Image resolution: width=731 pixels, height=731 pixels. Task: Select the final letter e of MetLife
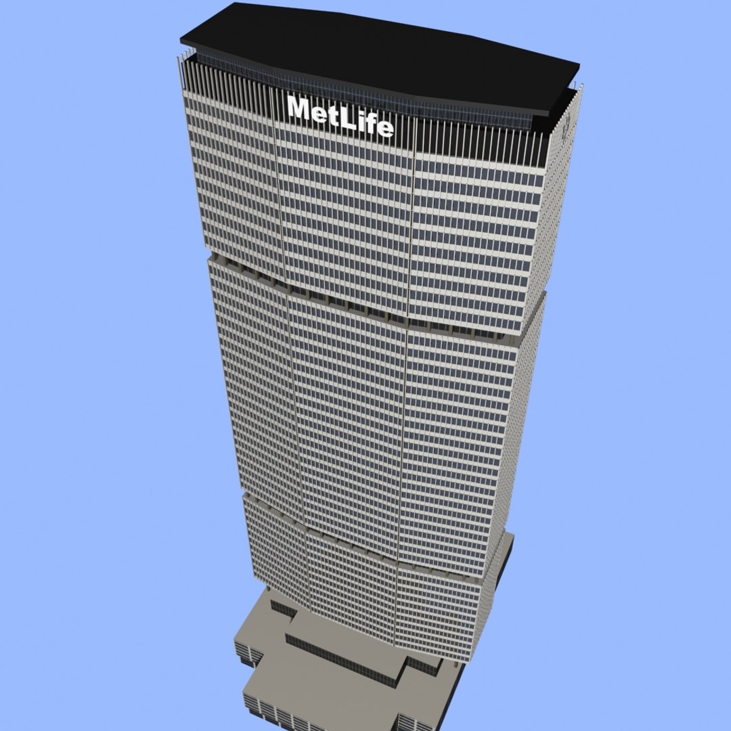(384, 128)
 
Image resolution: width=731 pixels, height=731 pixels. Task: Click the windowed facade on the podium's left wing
(247, 654)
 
